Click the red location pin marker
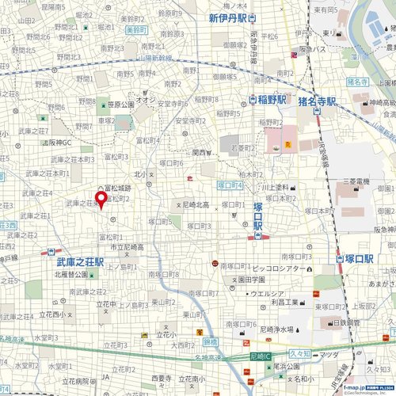(x=101, y=200)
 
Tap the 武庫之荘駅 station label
(x=80, y=261)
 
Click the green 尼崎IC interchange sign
(x=260, y=356)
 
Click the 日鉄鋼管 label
(x=346, y=323)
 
